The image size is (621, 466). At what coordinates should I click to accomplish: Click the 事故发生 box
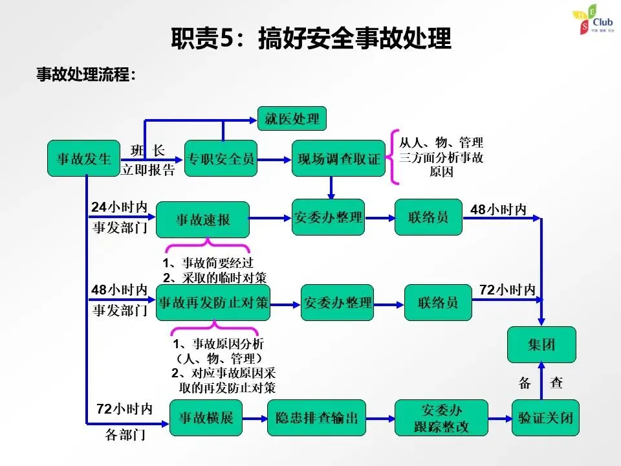coord(83,158)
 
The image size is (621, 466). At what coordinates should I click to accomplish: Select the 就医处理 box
coord(292,119)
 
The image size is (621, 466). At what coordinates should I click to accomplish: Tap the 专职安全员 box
coord(221,158)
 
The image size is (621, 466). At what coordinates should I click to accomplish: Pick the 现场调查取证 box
coord(339,158)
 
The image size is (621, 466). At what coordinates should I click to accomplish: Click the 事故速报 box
coord(203,219)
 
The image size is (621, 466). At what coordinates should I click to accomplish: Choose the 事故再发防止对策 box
coord(213,302)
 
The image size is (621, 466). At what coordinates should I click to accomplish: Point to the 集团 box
coord(541,345)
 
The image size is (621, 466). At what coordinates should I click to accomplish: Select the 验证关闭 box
coord(545,418)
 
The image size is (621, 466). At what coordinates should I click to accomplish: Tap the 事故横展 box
coord(206,418)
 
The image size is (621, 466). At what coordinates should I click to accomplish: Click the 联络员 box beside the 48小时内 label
coord(428,217)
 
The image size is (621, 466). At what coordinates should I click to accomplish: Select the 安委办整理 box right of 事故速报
coord(328,217)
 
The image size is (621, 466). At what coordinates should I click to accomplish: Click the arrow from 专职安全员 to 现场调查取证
coord(274,158)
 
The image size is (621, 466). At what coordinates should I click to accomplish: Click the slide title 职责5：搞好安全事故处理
coord(310,38)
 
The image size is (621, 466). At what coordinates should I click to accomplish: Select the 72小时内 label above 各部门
coord(124,409)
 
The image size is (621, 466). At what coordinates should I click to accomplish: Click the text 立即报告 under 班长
coord(149,170)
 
